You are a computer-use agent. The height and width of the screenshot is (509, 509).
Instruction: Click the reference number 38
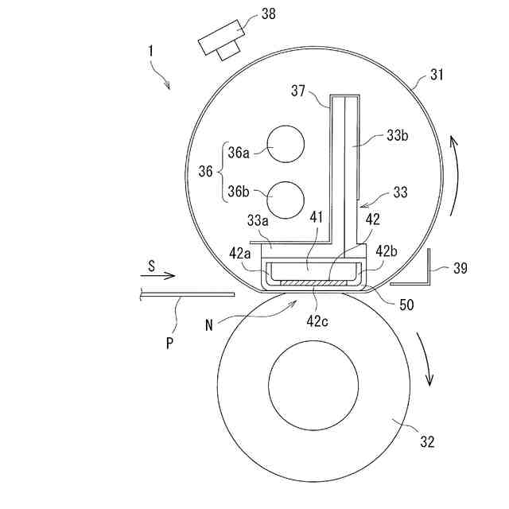pos(269,14)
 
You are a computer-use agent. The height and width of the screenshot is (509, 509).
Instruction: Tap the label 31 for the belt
pos(437,75)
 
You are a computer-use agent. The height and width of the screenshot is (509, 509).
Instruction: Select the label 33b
pos(398,135)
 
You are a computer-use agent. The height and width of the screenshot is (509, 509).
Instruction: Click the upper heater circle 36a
pos(286,144)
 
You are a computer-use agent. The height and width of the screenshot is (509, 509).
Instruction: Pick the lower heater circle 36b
pos(286,200)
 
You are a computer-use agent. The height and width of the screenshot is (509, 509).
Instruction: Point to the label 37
pos(298,91)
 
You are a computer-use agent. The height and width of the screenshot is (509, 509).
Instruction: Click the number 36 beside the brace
pos(205,171)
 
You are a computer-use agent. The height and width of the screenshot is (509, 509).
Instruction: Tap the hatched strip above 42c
pos(313,283)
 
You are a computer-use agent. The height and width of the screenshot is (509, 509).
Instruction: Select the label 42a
pos(240,254)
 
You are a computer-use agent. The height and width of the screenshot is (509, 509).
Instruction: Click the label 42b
pos(387,251)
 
